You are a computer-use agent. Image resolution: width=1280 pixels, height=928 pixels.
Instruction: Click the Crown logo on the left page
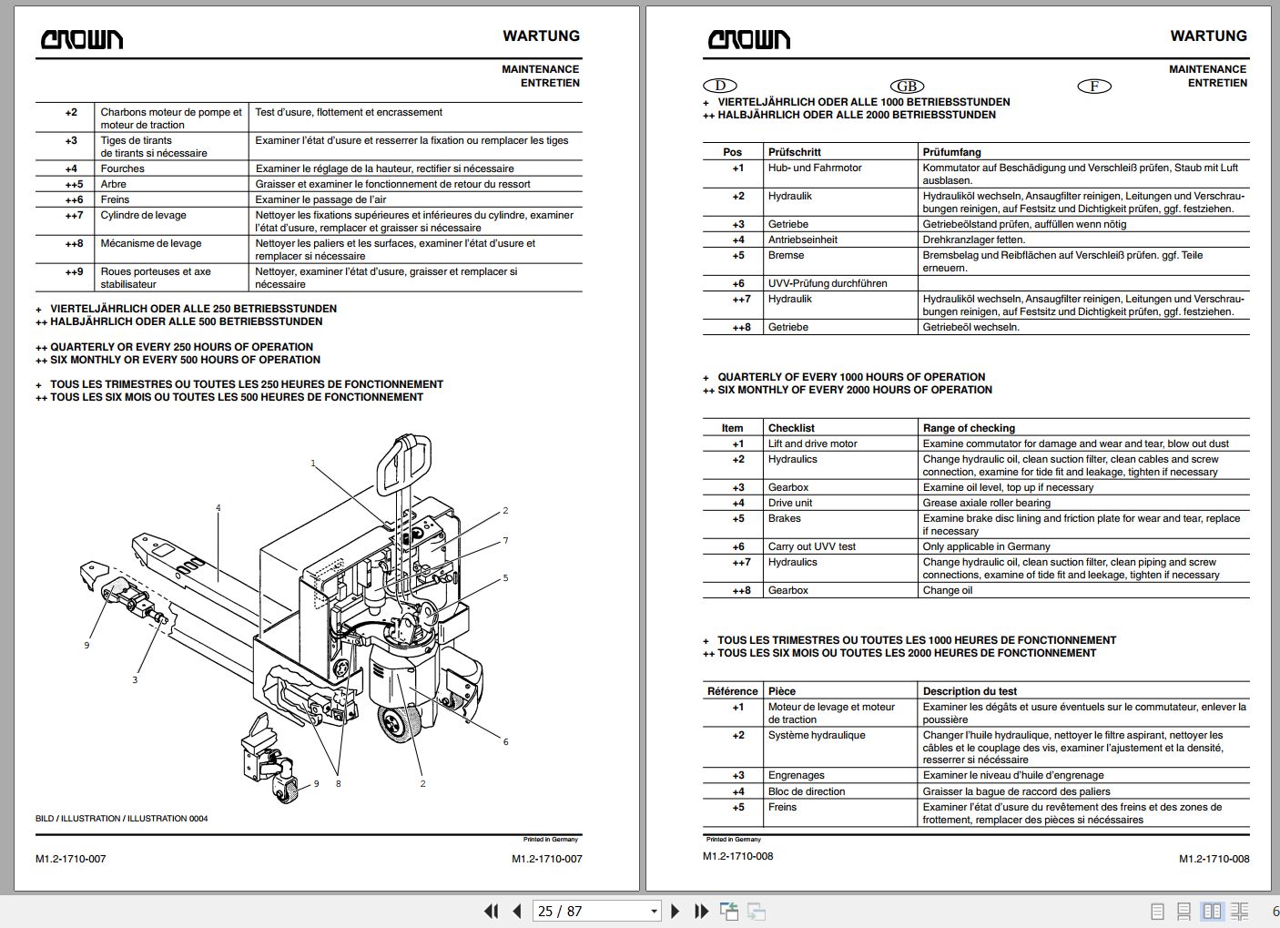[x=82, y=39]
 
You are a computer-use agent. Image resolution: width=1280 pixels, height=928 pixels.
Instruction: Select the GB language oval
[x=907, y=86]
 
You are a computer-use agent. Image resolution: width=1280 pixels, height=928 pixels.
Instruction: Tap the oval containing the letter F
[x=1094, y=86]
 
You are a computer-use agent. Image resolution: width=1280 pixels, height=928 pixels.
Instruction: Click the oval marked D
[x=720, y=86]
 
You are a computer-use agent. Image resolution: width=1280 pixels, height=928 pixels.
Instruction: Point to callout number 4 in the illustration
[x=218, y=508]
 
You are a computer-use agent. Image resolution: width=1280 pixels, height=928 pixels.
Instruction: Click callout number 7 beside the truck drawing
[x=505, y=541]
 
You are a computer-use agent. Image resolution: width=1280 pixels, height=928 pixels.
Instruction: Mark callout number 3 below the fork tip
[x=135, y=679]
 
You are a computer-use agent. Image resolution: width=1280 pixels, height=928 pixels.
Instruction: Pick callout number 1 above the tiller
[x=313, y=464]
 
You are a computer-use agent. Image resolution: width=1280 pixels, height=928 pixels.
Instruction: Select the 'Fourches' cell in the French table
[x=123, y=168]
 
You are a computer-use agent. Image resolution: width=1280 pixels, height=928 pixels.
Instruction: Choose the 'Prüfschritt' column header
[x=794, y=152]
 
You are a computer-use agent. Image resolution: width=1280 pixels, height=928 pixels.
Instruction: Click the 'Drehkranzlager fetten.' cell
[x=973, y=240]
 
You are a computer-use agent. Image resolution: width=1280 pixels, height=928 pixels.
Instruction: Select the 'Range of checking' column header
[x=969, y=428]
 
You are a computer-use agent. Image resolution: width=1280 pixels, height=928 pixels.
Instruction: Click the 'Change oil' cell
[x=948, y=590]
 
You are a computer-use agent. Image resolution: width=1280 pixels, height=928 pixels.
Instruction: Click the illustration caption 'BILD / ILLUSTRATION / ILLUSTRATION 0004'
[x=121, y=819]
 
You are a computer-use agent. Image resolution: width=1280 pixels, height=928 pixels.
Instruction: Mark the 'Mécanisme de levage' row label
[x=151, y=243]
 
